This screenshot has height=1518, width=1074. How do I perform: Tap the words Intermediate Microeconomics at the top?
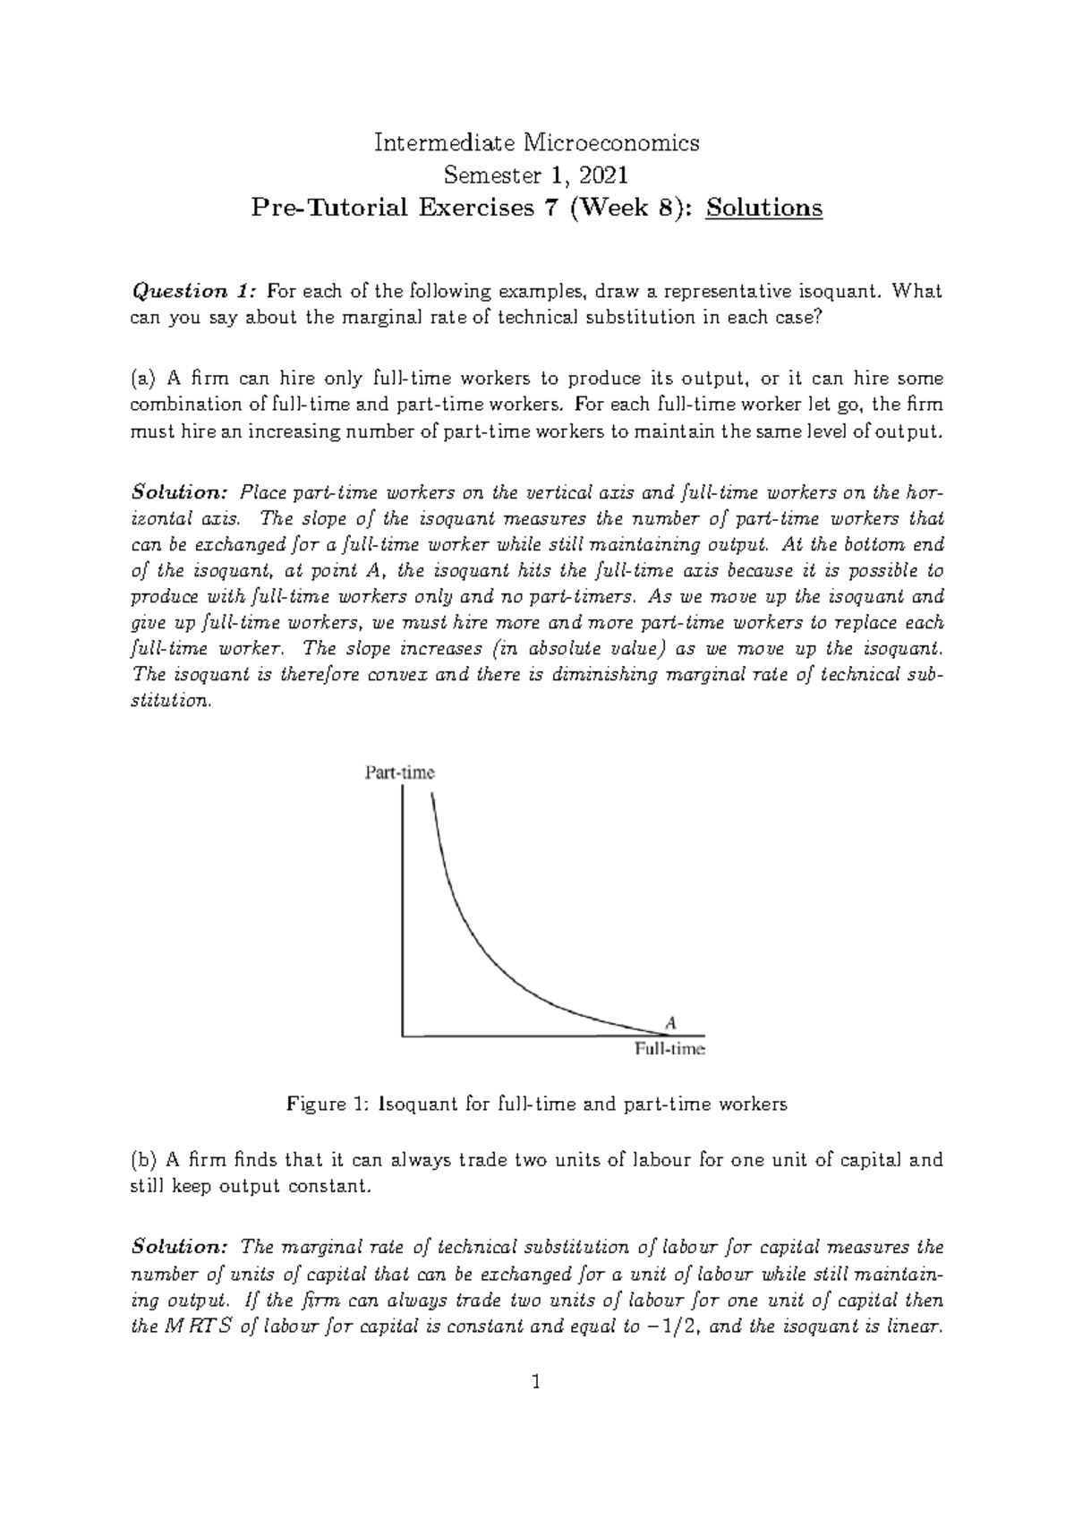point(536,142)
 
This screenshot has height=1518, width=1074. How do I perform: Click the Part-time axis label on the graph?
point(399,773)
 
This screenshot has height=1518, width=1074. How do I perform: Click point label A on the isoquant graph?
point(669,1021)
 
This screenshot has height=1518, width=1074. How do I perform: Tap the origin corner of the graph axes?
point(404,1036)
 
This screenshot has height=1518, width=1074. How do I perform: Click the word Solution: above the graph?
point(180,492)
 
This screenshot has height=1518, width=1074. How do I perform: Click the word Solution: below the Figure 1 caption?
point(180,1247)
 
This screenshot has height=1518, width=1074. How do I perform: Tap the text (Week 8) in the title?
point(626,208)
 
